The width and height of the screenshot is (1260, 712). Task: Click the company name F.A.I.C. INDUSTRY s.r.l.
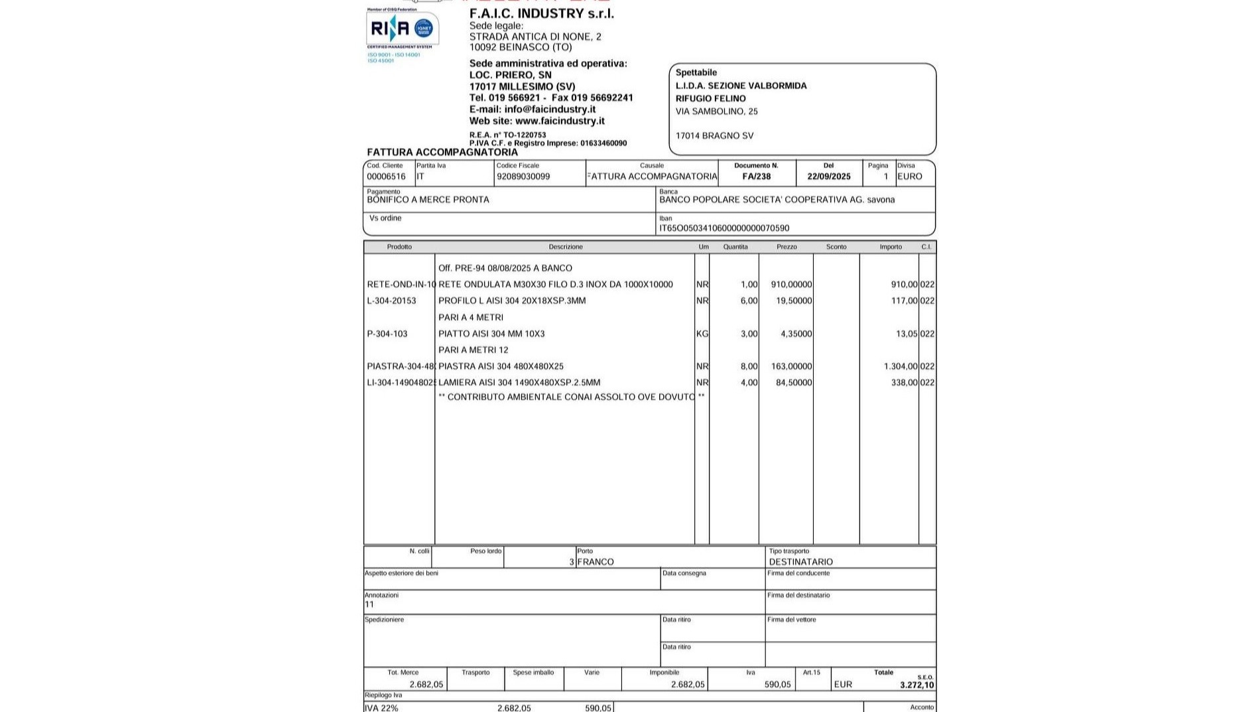point(541,13)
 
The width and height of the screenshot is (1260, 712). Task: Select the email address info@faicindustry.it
point(550,109)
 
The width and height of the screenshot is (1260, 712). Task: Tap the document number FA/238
point(757,177)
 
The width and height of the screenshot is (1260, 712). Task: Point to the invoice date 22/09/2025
point(828,177)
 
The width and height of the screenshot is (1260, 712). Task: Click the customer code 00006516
point(386,177)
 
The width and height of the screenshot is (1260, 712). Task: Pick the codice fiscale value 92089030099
point(523,177)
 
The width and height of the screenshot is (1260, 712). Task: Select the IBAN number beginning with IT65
point(724,228)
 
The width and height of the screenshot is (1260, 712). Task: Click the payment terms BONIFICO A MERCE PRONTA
point(428,200)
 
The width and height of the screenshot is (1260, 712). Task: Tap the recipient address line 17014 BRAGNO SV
point(714,136)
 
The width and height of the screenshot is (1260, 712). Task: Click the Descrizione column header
point(566,247)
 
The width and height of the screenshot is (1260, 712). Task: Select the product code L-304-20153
point(391,301)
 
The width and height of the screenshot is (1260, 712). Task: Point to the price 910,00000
point(791,285)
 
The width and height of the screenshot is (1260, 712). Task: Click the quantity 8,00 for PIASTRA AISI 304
point(749,366)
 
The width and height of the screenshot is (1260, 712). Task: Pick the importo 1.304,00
point(901,366)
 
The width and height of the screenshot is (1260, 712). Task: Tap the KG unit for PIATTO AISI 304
point(702,334)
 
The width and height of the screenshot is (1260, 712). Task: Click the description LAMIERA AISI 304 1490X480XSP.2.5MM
point(519,383)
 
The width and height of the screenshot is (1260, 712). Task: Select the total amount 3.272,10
point(916,685)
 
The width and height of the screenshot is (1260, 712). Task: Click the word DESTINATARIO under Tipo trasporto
point(800,562)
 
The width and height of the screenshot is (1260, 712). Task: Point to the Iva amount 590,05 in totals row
point(777,685)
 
